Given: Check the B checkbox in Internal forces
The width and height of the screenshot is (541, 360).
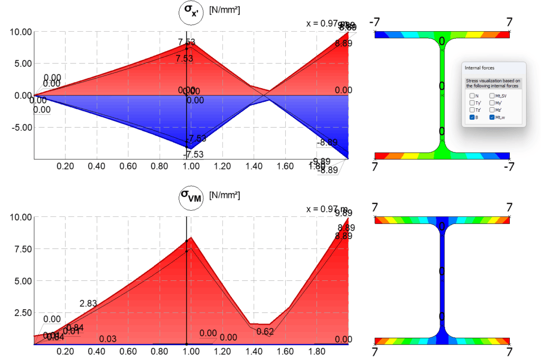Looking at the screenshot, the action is pos(471,118).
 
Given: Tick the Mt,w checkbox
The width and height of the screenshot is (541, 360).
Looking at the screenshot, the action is pos(492,118).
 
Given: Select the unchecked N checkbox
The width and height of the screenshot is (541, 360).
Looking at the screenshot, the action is pos(471,96).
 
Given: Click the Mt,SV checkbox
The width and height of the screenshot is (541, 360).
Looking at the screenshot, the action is pos(492,96).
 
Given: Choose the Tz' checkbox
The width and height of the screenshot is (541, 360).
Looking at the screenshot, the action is pos(471,110).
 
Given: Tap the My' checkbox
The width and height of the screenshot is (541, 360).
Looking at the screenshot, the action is pos(492,103).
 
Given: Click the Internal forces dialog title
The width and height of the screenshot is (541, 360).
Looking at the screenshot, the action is pos(480,68).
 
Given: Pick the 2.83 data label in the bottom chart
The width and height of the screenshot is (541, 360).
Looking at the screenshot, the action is pos(88,304).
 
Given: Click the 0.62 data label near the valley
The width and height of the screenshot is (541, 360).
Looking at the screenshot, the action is pos(265,331).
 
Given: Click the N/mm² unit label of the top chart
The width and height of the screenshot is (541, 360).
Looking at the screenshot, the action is pos(225,10).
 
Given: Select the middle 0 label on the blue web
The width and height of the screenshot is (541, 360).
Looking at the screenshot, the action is pos(442,271).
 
